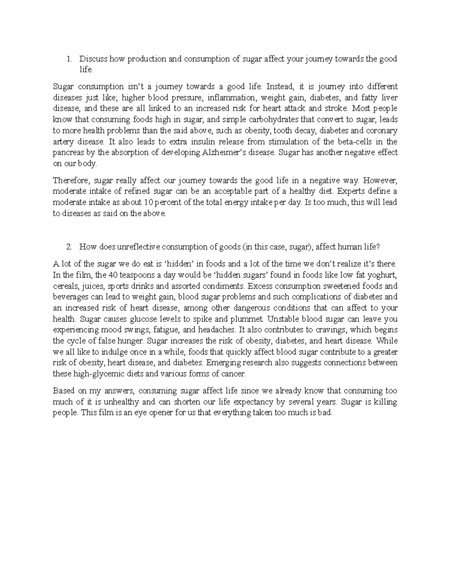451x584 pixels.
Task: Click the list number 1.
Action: coord(68,59)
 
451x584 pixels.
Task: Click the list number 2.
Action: coord(68,247)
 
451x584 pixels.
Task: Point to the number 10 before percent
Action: coord(148,202)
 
